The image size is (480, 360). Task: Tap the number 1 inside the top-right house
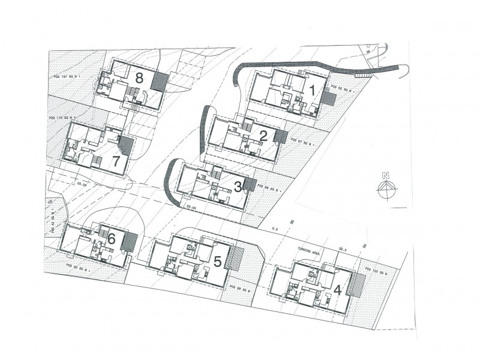point(312,91)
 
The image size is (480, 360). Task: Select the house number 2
point(263,135)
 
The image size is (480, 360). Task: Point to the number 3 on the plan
point(238,187)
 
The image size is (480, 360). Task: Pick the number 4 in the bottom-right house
point(338,289)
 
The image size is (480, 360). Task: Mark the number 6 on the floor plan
point(112,238)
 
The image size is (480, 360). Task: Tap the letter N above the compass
point(386,176)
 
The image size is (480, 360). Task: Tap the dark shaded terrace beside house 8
point(160,81)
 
